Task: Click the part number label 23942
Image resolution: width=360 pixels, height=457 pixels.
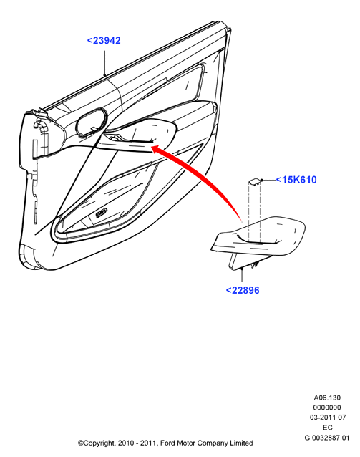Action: [104, 41]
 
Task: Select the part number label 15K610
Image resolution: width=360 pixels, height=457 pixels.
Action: [296, 180]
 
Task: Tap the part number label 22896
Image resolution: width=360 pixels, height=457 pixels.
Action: [243, 290]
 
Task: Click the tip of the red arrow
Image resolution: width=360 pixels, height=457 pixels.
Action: [152, 147]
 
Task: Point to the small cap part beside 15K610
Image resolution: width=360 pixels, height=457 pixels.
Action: [254, 183]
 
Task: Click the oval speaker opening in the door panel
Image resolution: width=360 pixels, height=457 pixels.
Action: [91, 122]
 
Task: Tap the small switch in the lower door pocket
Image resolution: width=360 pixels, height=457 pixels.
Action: [102, 213]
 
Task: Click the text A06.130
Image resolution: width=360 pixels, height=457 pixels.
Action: [327, 398]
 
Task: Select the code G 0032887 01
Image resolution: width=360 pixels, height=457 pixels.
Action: [326, 438]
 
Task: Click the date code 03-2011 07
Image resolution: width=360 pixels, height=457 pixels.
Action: [328, 418]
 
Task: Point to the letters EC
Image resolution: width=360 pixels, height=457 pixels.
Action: [327, 428]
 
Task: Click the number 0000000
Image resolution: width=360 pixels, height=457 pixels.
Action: [327, 408]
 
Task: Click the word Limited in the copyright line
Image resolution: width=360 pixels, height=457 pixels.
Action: [241, 443]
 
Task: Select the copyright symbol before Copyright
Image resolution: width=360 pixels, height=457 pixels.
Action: [80, 443]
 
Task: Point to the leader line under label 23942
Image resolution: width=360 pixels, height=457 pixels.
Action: [105, 62]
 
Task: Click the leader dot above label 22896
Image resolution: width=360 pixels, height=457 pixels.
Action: [242, 269]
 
